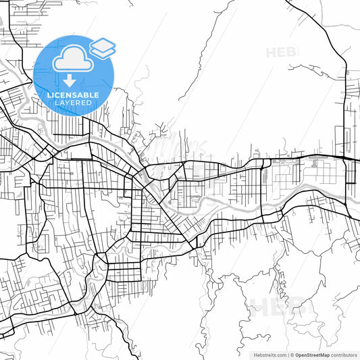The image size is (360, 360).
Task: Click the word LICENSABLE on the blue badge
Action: tap(74, 95)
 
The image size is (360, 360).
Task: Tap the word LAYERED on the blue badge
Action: tap(74, 103)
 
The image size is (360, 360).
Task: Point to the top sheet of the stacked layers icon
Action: tap(103, 45)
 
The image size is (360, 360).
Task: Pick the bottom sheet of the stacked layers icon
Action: tap(103, 52)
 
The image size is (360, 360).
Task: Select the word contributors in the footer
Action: tap(344, 355)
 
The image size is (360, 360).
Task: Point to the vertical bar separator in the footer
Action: tap(287, 355)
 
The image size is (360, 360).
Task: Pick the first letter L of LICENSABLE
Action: tap(49, 95)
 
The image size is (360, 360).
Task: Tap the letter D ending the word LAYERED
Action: tap(90, 103)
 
